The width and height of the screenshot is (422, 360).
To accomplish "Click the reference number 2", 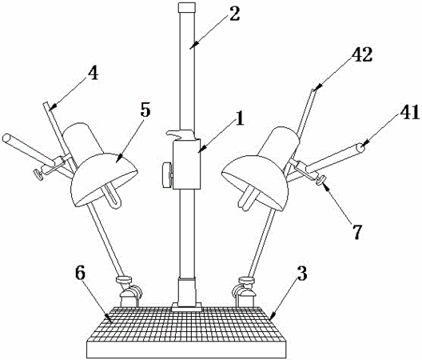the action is tap(234, 14).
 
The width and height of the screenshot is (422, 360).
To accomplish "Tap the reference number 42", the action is tap(363, 55).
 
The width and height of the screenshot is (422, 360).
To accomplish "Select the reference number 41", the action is tap(409, 112).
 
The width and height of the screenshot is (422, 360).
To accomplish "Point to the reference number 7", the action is tap(357, 231).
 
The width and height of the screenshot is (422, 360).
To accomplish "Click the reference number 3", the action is tap(302, 274).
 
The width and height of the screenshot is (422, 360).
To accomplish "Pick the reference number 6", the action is tap(80, 274).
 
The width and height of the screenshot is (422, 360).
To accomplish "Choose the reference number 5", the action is tap(145, 110).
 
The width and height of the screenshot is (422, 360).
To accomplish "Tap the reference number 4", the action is tap(94, 73).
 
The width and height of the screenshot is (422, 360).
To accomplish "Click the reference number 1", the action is tap(239, 118).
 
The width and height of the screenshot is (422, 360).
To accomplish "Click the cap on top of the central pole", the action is tap(186, 7).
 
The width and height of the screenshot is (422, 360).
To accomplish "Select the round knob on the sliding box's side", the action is tap(167, 175).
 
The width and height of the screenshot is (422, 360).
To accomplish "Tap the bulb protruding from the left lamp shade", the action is tap(113, 196).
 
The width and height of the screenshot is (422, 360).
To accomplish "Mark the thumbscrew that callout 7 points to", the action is tap(320, 180).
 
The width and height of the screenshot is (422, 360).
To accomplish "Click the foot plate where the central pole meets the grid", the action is tap(187, 306).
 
